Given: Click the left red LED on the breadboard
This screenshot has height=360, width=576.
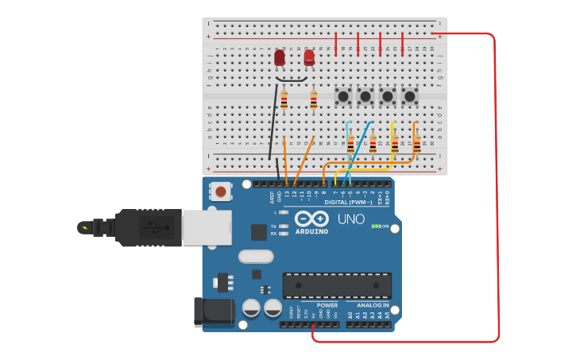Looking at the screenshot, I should [x=280, y=58].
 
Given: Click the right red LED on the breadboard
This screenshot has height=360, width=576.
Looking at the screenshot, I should [x=309, y=57].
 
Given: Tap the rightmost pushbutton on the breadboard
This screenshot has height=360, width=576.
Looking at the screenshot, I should [x=410, y=96].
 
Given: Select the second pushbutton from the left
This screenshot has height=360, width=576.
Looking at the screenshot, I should [x=365, y=96].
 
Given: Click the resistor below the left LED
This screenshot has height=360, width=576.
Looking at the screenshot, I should [x=284, y=100].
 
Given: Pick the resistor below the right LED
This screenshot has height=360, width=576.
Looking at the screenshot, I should [x=313, y=100].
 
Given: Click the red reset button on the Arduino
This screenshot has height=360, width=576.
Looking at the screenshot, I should [x=220, y=191].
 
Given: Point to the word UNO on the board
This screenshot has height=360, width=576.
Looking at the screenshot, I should [x=351, y=219].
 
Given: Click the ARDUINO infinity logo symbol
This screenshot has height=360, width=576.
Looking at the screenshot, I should [x=311, y=219].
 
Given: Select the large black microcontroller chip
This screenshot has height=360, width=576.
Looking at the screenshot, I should [x=337, y=285].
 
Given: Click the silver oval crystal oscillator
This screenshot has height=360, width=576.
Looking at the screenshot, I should [x=256, y=257].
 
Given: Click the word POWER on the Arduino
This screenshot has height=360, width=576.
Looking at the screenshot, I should [x=327, y=305].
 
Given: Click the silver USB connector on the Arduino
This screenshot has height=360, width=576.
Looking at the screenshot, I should [x=206, y=227].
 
